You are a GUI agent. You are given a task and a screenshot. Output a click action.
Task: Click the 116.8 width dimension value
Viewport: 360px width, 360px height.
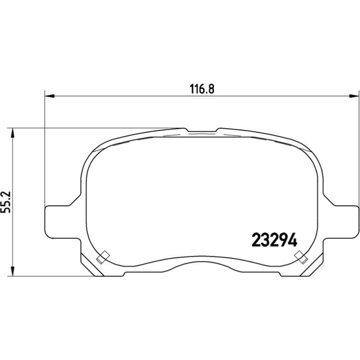click(x=202, y=89)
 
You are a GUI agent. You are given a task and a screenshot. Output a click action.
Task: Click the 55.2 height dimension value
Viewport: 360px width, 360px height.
click(x=6, y=202)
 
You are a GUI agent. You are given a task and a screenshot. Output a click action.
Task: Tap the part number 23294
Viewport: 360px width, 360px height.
click(x=274, y=240)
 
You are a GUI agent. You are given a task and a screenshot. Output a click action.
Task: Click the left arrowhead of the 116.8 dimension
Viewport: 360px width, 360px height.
click(x=50, y=96)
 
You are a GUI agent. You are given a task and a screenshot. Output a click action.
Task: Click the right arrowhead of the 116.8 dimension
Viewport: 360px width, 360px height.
click(x=353, y=96)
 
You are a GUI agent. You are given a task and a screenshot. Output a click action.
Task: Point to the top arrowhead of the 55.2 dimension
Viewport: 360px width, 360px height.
click(x=13, y=133)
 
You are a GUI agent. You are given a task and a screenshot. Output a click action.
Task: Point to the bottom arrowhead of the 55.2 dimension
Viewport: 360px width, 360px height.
click(x=13, y=271)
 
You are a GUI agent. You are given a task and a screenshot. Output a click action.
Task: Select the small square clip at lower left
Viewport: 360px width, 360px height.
click(x=103, y=257)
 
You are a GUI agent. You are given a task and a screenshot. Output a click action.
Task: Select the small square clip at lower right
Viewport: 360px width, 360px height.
click(x=301, y=257)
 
